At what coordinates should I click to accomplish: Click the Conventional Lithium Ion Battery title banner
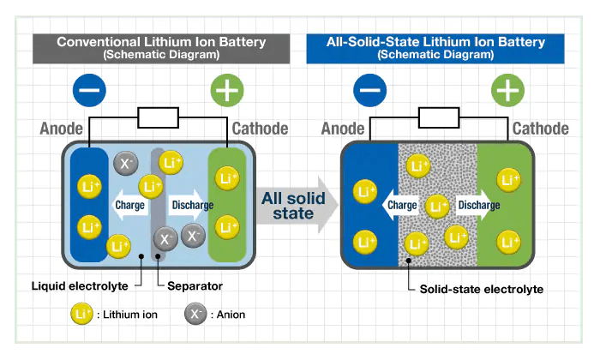[161, 47]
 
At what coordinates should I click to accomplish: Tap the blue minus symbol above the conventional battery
[90, 89]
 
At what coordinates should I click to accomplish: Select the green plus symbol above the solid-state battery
[507, 89]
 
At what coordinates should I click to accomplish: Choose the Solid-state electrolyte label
[481, 289]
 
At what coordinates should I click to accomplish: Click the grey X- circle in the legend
[196, 314]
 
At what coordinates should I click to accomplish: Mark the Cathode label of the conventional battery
[260, 129]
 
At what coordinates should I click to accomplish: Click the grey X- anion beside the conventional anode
[126, 162]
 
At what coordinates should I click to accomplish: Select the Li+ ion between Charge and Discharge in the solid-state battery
[437, 206]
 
